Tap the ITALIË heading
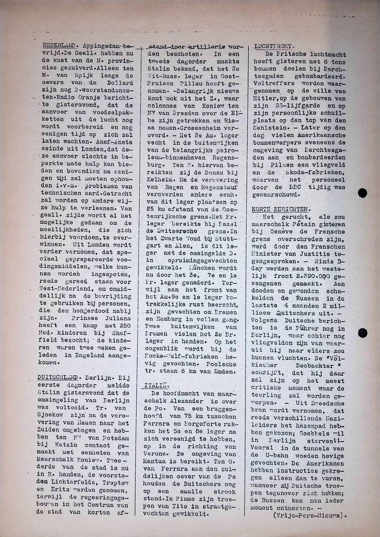[x=153, y=386]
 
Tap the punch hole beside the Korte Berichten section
[x=362, y=333]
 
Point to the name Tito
[x=185, y=506]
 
